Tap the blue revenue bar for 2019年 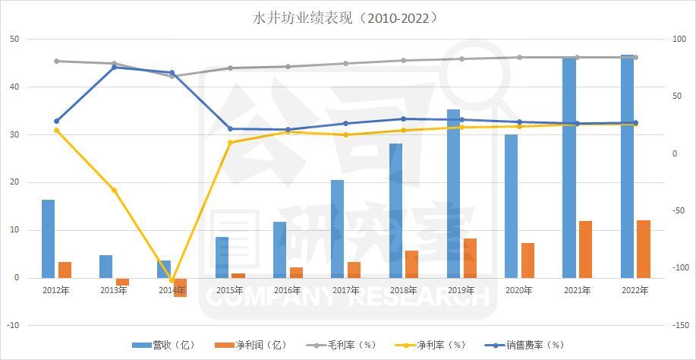click(453, 194)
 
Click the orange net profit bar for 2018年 click(411, 264)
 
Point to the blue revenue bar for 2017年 click(337, 229)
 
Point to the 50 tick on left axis click(15, 39)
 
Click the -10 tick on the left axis click(14, 325)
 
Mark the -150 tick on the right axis click(679, 325)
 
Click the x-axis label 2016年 click(288, 290)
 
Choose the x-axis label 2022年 click(635, 290)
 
